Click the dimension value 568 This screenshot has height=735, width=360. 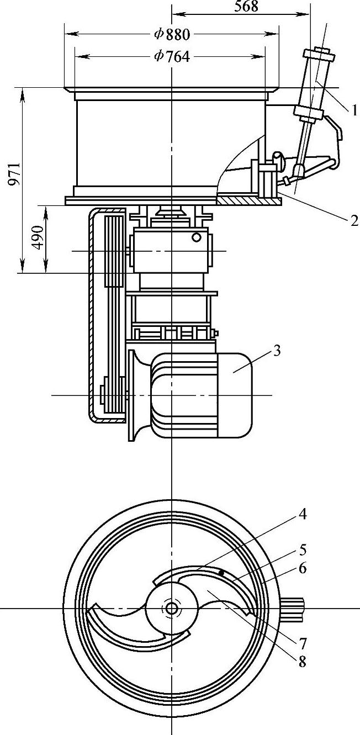246,6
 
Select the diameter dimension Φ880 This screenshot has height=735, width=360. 172,34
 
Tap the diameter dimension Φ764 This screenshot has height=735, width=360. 172,57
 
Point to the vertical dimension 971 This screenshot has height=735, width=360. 14,174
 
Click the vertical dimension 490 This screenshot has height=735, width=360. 38,237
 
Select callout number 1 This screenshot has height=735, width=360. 354,110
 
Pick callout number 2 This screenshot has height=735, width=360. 354,221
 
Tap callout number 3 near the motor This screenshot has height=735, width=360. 277,351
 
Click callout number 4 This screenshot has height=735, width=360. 303,514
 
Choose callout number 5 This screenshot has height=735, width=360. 303,549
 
